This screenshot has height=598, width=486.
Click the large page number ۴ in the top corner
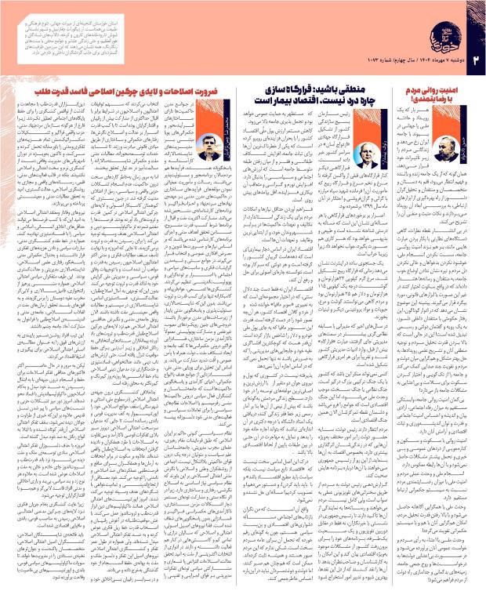470,18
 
